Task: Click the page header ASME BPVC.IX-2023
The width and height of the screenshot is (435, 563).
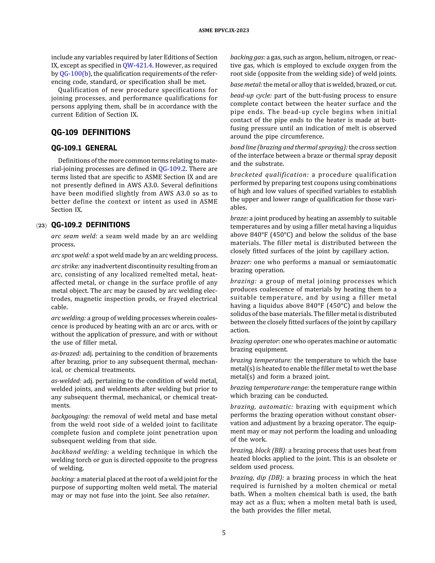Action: [223, 30]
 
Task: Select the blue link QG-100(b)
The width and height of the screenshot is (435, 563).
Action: [75, 74]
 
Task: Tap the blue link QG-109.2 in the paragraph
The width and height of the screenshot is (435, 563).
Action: [172, 169]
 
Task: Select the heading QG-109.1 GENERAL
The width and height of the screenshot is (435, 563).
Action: [84, 148]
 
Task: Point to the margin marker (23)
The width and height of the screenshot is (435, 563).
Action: [41, 226]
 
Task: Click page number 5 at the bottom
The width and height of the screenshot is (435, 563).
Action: [224, 533]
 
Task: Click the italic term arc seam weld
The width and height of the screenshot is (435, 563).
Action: [74, 236]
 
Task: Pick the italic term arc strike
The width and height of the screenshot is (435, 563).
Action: [65, 266]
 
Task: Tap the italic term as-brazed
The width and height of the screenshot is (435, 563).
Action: [66, 354]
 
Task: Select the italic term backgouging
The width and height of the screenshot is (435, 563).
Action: [70, 416]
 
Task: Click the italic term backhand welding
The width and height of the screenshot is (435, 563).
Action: [80, 452]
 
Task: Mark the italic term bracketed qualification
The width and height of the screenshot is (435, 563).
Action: [269, 175]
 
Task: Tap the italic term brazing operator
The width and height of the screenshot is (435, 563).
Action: [255, 341]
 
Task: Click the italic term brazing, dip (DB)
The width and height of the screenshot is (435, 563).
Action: [257, 478]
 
